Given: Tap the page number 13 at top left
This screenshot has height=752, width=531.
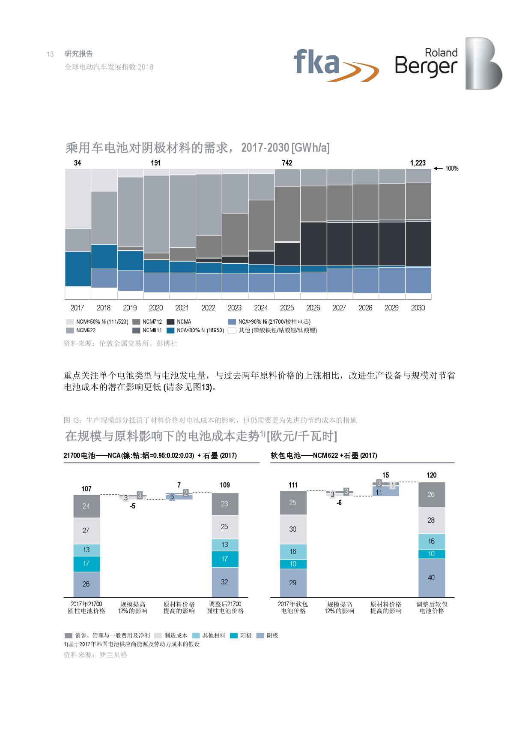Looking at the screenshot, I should coord(50,54).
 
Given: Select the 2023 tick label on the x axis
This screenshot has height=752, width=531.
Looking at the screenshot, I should coord(234,308).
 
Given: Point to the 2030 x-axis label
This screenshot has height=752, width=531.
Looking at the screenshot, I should coord(418,308).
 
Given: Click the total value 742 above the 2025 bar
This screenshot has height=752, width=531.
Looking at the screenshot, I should coord(287,163).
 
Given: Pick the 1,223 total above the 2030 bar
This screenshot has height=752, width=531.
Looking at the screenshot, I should coord(418,163).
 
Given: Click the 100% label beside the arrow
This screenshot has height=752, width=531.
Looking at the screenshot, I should coord(452,168).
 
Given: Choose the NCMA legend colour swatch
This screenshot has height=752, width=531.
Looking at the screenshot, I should coord(170,322).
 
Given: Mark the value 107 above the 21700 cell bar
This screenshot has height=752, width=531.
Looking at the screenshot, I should coord(87,489).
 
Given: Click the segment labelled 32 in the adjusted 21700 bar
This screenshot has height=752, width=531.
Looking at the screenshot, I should coord(225,582).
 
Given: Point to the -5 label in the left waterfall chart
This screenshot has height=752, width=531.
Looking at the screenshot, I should coord(133,506).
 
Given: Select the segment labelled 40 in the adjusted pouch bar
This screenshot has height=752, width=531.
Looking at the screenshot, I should coord(431,578).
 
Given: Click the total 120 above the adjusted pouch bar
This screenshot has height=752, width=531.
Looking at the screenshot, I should coord(431,475).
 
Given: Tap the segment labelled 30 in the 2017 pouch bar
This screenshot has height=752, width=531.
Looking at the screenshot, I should coord(293,529).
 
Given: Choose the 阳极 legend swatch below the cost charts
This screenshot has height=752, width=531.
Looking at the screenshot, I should coord(234,635).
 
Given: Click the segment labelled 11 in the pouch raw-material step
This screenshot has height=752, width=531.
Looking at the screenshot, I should coord(379,492).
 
